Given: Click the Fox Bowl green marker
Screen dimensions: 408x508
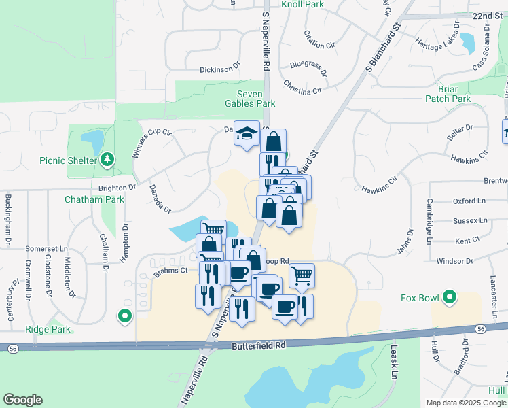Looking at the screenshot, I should [x=449, y=297].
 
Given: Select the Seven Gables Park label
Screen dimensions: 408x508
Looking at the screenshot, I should [x=250, y=99].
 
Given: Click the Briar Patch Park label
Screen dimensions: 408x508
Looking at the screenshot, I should [x=448, y=94].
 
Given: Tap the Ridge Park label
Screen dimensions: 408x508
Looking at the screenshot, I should [x=48, y=328].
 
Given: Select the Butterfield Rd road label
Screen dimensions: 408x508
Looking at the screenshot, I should [x=259, y=345].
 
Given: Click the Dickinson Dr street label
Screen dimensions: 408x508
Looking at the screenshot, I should [x=220, y=69].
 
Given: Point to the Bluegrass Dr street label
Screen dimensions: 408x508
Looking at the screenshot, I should [x=308, y=67].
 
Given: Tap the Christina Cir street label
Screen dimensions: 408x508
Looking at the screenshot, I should [x=302, y=86].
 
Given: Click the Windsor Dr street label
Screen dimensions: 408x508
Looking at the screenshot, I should [x=454, y=261].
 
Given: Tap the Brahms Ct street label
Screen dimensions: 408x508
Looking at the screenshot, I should [x=170, y=271].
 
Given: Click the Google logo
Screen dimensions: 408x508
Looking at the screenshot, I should [x=22, y=400].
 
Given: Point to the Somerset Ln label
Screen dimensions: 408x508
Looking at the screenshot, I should [x=48, y=249].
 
